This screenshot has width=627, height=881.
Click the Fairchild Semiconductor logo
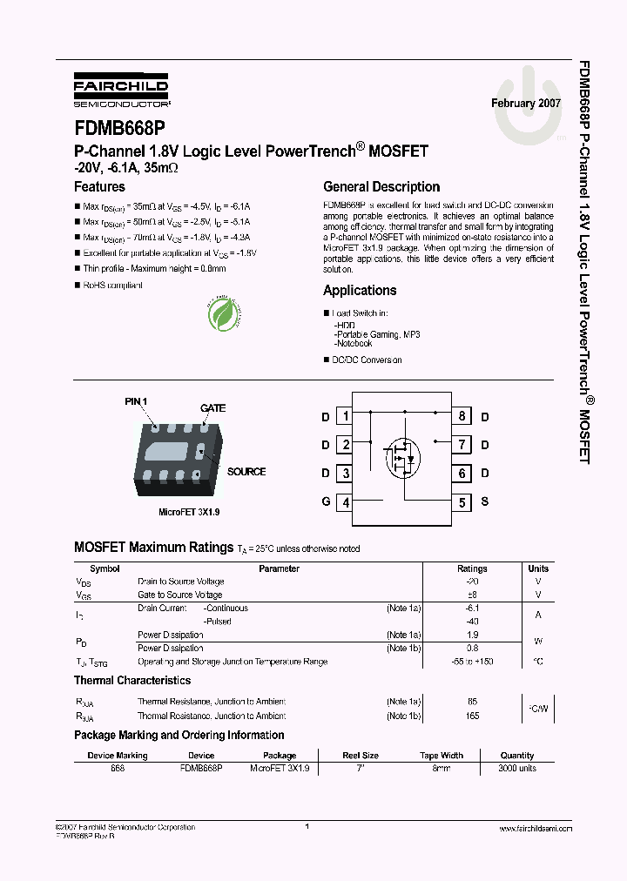point(121,89)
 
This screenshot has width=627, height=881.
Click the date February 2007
point(526,103)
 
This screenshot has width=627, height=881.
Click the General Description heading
point(381,186)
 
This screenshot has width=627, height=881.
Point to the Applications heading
point(360,291)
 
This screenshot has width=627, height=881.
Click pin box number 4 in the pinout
point(346,502)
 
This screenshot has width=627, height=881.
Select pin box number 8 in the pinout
point(462,416)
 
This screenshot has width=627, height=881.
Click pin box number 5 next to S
point(462,502)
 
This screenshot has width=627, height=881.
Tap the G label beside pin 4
point(326,502)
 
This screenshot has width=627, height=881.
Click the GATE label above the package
point(213,407)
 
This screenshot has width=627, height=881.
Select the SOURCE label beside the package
point(246,472)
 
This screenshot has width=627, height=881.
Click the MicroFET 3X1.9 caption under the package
point(189,513)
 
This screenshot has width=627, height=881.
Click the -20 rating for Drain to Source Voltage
point(473,582)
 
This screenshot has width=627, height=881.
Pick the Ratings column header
point(473,568)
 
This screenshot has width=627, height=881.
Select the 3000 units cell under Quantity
point(517,769)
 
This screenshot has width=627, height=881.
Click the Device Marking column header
point(118,756)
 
